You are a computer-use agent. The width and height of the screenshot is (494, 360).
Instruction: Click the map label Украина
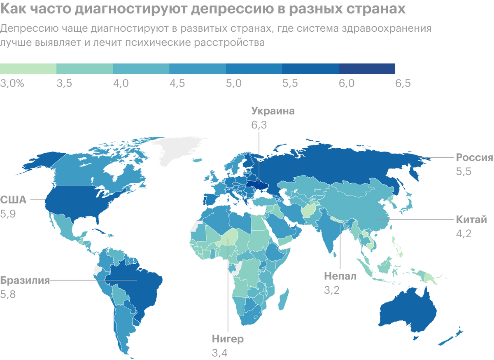[273, 111]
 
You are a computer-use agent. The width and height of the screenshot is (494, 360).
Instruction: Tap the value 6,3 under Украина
[259, 125]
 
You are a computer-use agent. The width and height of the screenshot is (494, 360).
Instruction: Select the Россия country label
[474, 158]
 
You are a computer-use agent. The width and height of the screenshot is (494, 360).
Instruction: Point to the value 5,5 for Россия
[463, 172]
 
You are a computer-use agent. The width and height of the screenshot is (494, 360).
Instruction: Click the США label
[14, 200]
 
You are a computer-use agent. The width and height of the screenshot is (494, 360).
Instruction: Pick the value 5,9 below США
[8, 214]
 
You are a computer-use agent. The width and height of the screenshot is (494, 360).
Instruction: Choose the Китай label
[471, 220]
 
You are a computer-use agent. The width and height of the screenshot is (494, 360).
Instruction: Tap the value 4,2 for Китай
[463, 234]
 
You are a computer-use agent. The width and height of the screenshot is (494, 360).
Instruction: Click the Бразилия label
[25, 281]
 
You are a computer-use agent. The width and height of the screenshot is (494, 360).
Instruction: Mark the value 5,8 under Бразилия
[8, 295]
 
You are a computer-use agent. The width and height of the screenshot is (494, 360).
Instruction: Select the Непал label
[340, 276]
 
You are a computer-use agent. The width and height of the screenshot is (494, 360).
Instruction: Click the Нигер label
[228, 339]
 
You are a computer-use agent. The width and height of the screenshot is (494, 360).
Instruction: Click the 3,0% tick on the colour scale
[13, 84]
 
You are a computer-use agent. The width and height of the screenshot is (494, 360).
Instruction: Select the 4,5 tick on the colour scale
[177, 84]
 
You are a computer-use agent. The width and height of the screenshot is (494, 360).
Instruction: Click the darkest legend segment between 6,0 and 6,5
[367, 68]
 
